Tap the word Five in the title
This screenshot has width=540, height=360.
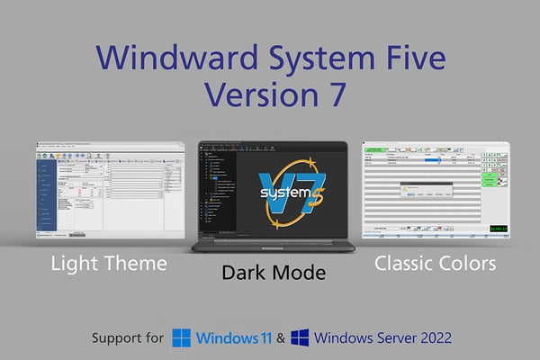tap(410, 57)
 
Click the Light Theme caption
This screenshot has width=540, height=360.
tap(108, 264)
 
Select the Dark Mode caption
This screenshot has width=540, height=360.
tap(274, 272)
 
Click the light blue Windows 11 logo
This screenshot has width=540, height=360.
tap(182, 337)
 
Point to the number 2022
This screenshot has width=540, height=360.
tap(431, 337)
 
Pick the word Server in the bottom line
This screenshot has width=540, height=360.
tap(386, 337)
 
